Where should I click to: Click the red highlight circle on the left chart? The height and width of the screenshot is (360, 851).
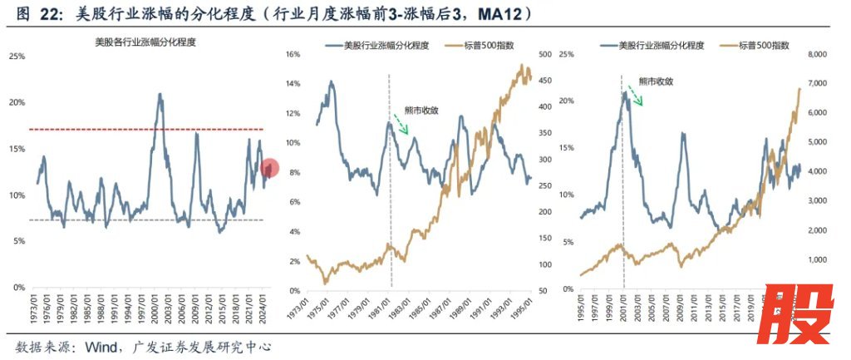(269, 169)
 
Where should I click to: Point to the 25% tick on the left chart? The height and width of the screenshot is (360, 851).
(16, 56)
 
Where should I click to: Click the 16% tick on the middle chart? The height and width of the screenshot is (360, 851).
(292, 54)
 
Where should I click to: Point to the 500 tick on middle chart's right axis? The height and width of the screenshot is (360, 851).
(546, 54)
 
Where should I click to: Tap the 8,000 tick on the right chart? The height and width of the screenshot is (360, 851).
(818, 54)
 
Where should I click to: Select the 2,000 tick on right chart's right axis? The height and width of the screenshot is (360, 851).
(818, 230)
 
